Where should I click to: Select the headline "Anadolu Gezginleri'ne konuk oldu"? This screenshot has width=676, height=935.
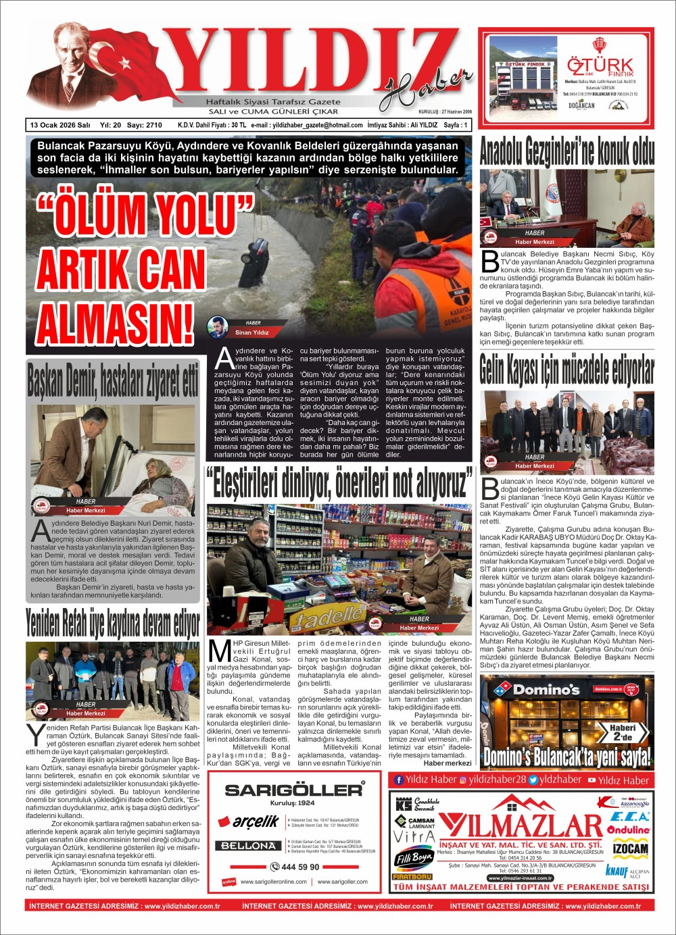click(x=566, y=151)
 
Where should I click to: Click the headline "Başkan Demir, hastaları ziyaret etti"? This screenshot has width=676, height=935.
click(x=113, y=380)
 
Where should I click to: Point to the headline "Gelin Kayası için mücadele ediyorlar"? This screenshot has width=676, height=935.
click(x=566, y=370)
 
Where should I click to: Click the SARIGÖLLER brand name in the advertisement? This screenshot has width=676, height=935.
click(x=293, y=789)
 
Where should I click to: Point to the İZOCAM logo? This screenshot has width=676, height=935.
click(x=630, y=849)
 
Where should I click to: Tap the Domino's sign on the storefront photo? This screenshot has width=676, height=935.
click(x=546, y=690)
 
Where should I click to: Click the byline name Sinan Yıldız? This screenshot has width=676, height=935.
click(x=251, y=332)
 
